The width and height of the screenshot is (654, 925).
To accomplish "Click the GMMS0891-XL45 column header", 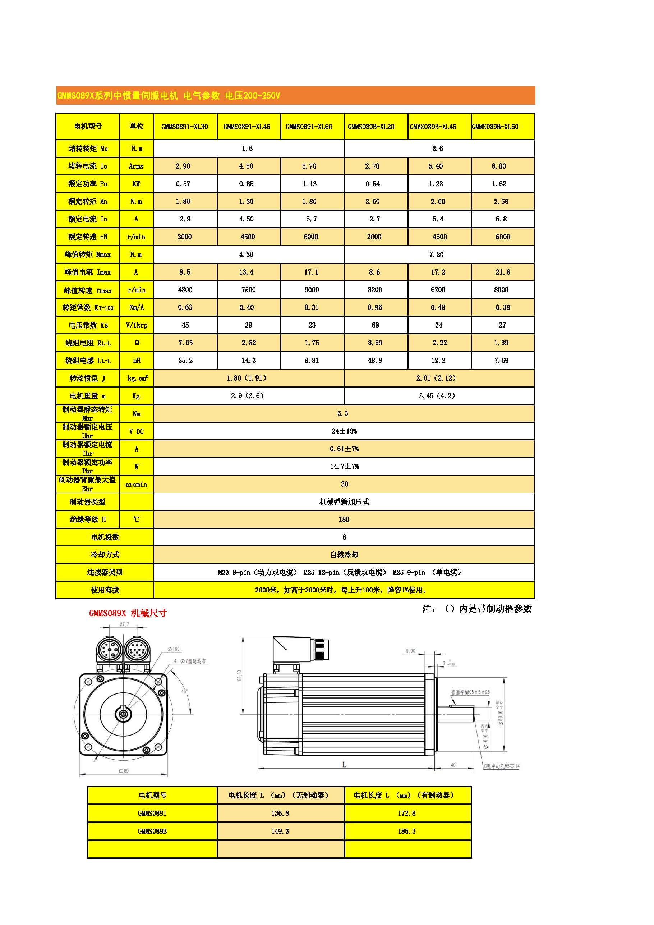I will click(247, 127).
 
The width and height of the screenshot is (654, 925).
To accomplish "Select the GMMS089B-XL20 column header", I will click(371, 127).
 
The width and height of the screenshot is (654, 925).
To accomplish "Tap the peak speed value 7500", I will click(248, 290).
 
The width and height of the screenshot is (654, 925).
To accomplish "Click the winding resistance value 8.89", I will click(375, 343).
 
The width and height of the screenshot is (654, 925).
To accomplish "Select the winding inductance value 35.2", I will click(185, 361).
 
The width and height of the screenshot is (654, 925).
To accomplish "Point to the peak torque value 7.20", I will click(436, 255).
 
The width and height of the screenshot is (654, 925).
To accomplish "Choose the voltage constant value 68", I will click(375, 325).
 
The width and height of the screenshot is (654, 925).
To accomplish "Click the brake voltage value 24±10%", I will click(344, 431).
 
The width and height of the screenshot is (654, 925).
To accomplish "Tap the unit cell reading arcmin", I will click(136, 484).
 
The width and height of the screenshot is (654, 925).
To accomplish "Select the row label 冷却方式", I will click(105, 555).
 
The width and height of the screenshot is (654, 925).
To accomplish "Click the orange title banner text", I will click(169, 96).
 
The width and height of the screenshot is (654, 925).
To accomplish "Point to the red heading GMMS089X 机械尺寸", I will click(128, 613).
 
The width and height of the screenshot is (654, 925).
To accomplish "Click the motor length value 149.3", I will click(280, 831).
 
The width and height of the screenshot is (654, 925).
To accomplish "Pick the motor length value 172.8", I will click(406, 813).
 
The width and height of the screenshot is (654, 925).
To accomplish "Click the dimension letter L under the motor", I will click(344, 764).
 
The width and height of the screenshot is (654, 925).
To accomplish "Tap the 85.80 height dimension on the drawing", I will click(240, 675).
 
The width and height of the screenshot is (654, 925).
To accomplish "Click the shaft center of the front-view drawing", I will click(123, 714).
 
